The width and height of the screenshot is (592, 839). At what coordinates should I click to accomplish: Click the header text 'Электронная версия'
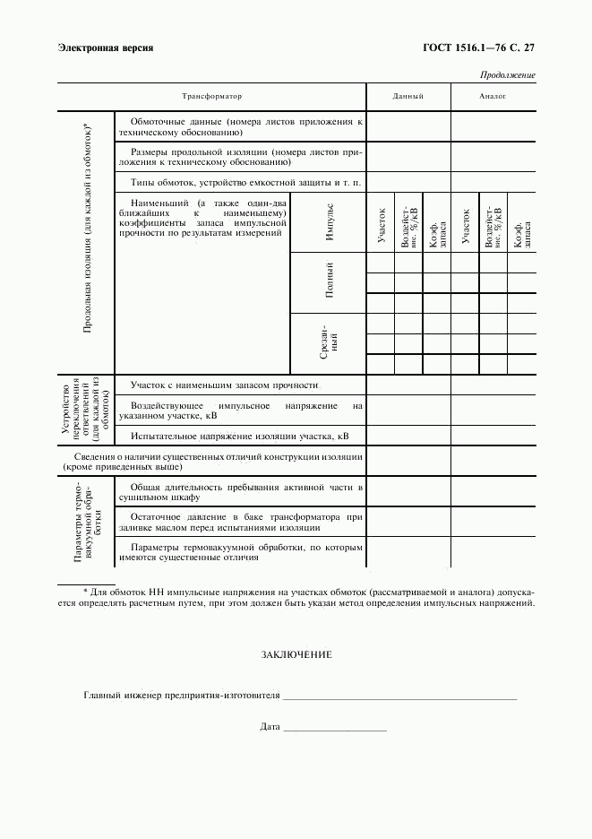105,47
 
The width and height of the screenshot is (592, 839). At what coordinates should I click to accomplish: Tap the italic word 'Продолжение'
508,75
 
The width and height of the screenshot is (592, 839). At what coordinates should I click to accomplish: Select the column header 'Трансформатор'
212,96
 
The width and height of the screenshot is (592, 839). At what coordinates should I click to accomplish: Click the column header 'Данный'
408,96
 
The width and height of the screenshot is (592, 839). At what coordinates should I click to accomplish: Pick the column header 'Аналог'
493,96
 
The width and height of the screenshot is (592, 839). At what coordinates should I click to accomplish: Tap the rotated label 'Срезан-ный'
329,342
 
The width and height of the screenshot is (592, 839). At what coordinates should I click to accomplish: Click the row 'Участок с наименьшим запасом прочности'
225,385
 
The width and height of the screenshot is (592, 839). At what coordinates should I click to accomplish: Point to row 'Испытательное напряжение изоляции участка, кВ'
239,436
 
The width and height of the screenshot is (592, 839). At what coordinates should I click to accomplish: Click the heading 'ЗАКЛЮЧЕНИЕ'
296,655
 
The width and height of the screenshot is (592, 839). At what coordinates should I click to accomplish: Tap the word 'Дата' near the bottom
270,727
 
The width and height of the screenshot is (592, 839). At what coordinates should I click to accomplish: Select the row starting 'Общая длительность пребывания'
240,491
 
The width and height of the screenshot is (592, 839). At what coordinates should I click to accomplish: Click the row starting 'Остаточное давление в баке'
240,523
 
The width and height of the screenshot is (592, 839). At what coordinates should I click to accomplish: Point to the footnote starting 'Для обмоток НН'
296,598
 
